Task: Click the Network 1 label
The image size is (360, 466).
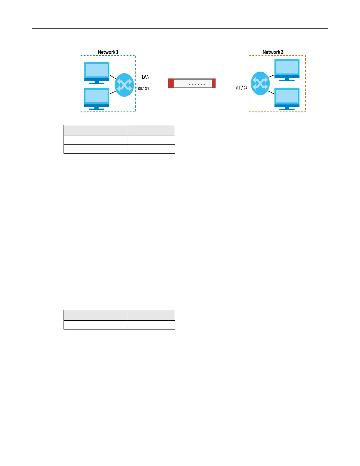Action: (x=108, y=52)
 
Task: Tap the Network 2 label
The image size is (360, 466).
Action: (x=273, y=52)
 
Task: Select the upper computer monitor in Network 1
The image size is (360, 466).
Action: (x=97, y=71)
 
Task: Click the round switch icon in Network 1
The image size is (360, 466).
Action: (x=124, y=85)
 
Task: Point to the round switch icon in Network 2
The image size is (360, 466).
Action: (x=260, y=83)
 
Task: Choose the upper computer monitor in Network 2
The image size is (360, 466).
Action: (x=287, y=69)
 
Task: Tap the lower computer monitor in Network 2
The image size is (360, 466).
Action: (x=287, y=97)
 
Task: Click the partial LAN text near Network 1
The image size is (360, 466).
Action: (x=145, y=77)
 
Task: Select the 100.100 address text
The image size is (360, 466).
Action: (x=142, y=89)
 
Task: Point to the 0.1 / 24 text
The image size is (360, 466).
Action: (x=242, y=88)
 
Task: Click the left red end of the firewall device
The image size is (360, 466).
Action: (x=171, y=83)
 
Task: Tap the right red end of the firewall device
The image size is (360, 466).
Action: (x=214, y=83)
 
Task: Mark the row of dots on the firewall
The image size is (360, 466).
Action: (x=197, y=84)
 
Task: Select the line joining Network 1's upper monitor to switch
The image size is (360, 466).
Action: (x=113, y=77)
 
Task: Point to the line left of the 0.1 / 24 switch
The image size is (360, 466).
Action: (x=243, y=85)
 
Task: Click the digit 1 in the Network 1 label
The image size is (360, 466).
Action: (x=117, y=52)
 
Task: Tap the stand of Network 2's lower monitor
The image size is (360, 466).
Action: (x=287, y=108)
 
